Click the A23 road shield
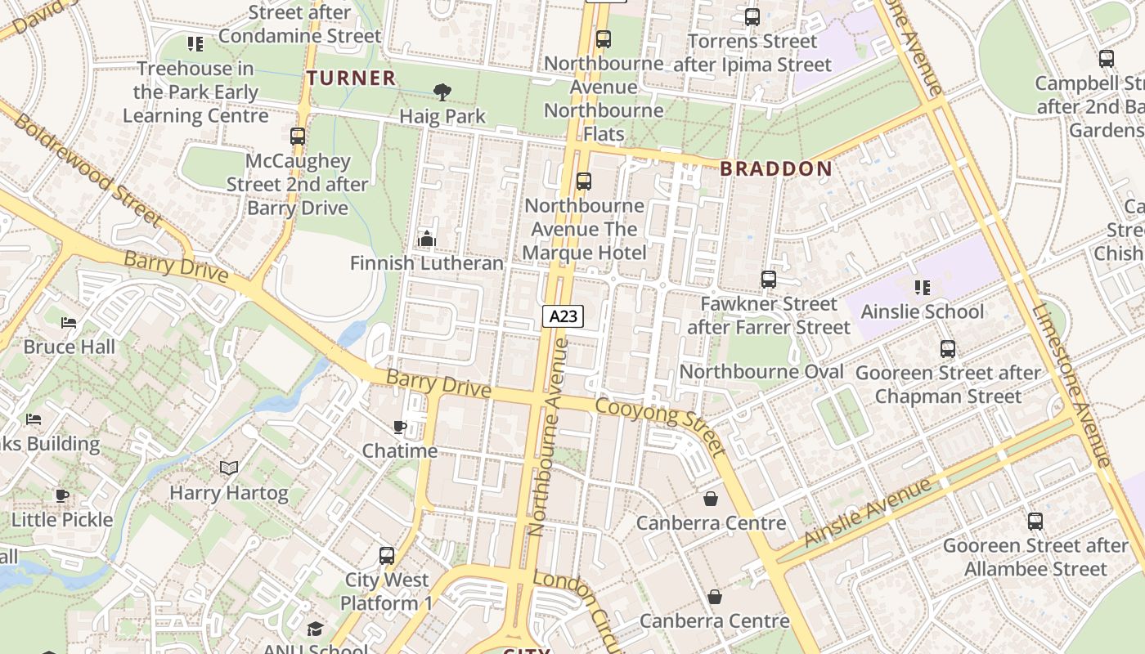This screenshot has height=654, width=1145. [x=563, y=316]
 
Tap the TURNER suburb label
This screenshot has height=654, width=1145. [x=351, y=78]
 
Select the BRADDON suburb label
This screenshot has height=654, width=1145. [x=775, y=169]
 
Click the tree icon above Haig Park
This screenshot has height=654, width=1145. [x=442, y=92]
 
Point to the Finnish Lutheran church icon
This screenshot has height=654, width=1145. [x=426, y=239]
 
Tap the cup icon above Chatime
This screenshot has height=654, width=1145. [x=399, y=427]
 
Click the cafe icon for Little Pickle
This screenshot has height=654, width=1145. [x=62, y=495]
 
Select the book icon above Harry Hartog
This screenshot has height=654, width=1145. [x=229, y=468]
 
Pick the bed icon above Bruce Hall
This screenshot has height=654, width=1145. [x=69, y=323]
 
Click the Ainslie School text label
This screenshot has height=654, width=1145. [x=923, y=311]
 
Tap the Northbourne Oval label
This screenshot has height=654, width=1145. [x=761, y=372]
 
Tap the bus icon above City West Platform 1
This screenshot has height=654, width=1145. [x=387, y=556]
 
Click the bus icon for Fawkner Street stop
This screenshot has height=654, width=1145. [x=769, y=280]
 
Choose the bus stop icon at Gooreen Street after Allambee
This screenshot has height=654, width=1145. [x=1035, y=522]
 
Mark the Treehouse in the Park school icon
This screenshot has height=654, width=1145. [x=195, y=44]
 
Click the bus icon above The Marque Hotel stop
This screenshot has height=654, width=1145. [x=584, y=181]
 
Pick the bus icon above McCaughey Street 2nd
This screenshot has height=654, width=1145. [x=298, y=137]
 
